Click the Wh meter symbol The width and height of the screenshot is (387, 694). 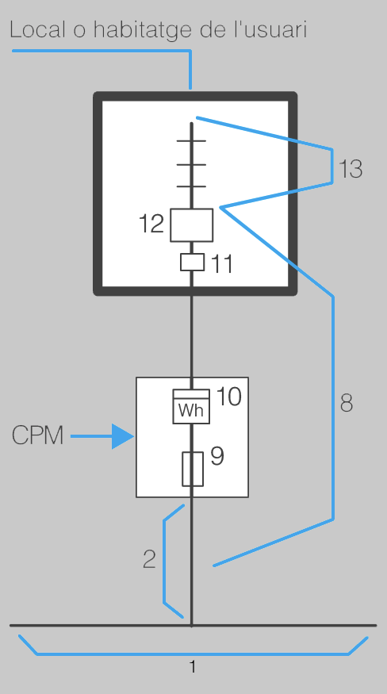point(191,406)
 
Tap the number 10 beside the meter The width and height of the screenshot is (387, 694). point(229,396)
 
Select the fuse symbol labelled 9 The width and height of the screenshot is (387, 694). point(193,469)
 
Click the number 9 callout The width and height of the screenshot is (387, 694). point(217,456)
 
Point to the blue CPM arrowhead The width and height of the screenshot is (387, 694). point(123,436)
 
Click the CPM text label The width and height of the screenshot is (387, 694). point(37,435)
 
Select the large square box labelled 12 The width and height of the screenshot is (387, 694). point(192,225)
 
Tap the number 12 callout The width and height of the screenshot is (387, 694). point(151,223)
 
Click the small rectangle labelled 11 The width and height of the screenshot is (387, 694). point(192,262)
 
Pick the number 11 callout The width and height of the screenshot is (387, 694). point(221,264)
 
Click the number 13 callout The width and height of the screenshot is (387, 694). point(351,169)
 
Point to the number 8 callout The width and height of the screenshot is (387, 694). point(347,403)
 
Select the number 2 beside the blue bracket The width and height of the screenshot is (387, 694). point(150,558)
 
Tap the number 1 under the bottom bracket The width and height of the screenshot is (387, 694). point(192,666)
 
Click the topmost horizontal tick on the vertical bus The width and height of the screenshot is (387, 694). point(191,140)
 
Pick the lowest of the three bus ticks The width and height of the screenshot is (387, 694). point(191,186)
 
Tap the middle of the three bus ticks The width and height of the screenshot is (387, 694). point(191,164)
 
